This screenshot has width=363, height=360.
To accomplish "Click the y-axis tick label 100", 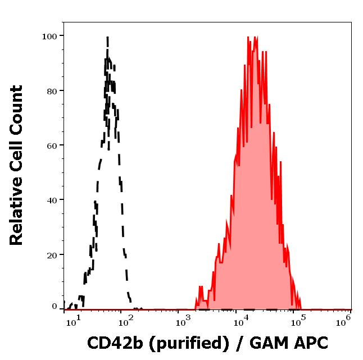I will click(50, 36).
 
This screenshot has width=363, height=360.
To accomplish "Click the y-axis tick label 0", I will click(55, 307).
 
